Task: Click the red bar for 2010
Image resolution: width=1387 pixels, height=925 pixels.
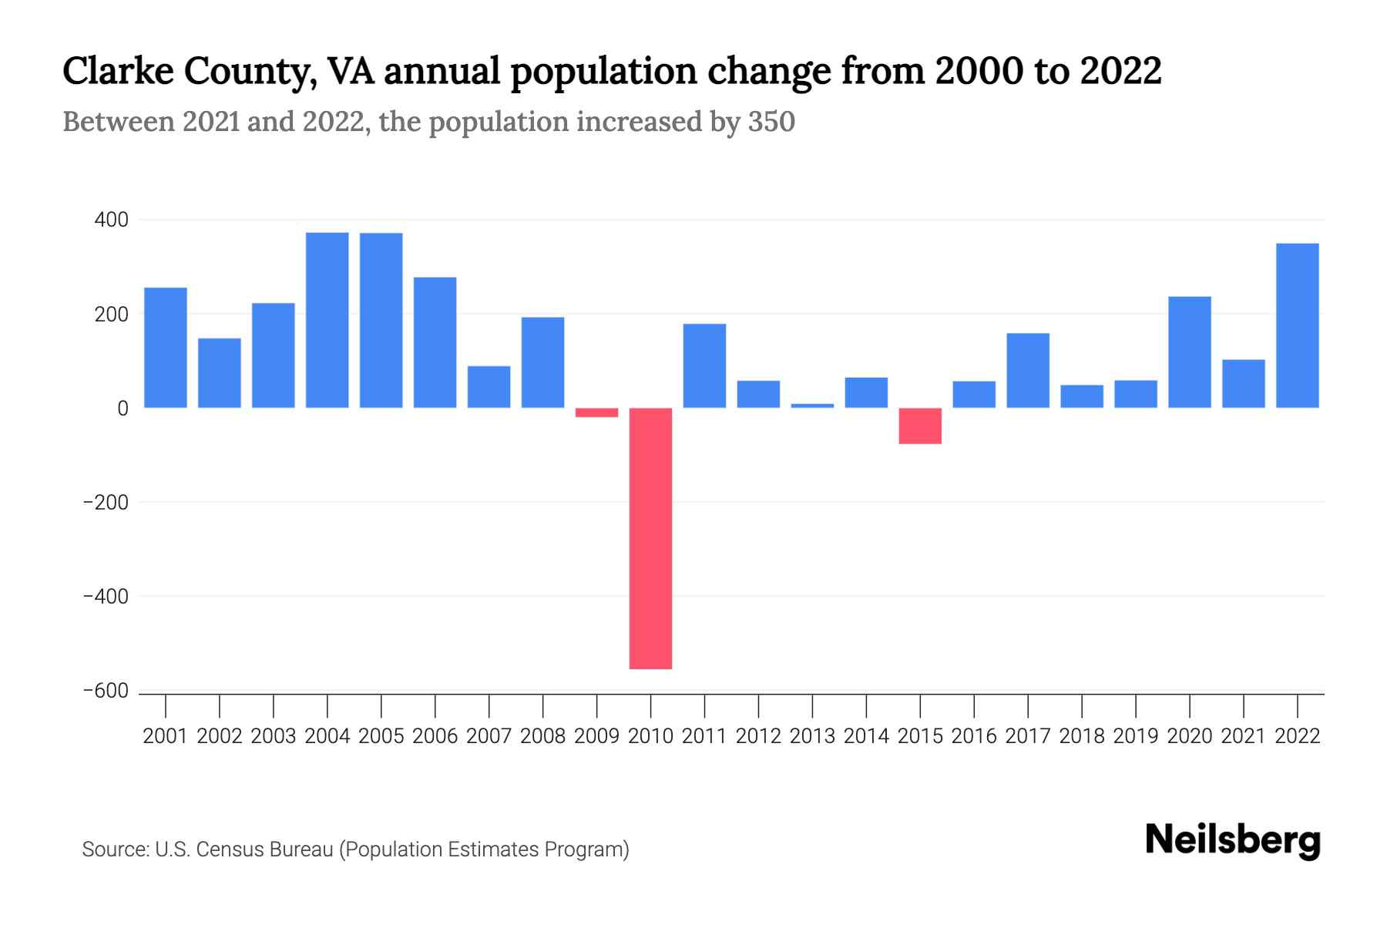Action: click(x=650, y=538)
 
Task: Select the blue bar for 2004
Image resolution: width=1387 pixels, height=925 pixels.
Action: click(x=327, y=320)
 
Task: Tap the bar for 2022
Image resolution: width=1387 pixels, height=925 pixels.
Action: click(x=1297, y=325)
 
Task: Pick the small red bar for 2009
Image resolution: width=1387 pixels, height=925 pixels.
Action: click(x=596, y=412)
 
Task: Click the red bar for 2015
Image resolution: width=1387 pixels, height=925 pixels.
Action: click(x=920, y=425)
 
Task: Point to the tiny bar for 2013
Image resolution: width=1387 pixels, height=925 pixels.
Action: click(x=812, y=405)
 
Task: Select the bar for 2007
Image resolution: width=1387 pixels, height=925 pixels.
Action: click(x=489, y=387)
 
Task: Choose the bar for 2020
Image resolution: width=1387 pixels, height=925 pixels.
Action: click(x=1189, y=352)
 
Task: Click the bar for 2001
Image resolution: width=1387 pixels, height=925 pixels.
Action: click(x=166, y=348)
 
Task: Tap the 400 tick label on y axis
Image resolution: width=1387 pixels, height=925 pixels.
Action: click(x=112, y=220)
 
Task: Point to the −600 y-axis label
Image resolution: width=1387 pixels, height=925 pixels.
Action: click(x=106, y=691)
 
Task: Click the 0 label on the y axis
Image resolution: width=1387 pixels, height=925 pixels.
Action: click(x=123, y=409)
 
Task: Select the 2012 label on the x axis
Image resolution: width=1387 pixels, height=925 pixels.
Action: click(x=758, y=736)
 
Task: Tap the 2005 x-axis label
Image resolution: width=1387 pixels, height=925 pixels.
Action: click(x=381, y=736)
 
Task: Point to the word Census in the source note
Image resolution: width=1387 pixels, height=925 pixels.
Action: click(x=225, y=849)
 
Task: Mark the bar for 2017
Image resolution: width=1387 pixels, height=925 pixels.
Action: click(x=1027, y=370)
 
